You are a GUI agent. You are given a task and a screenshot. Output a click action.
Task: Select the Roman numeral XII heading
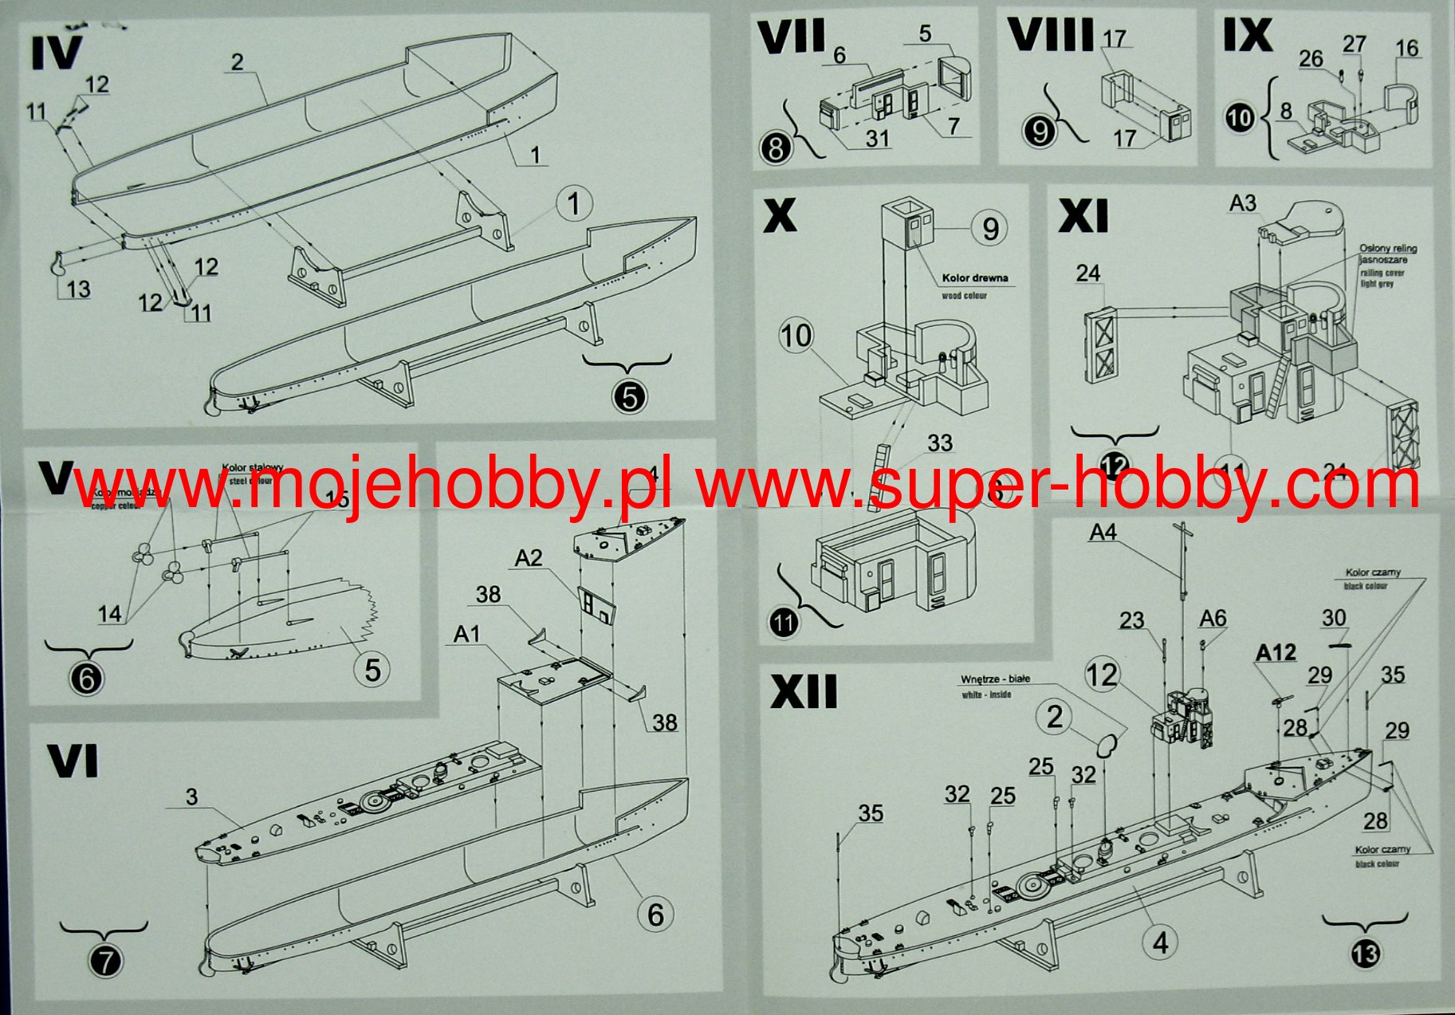tap(804, 691)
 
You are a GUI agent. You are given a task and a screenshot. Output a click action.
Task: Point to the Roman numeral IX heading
tap(1247, 35)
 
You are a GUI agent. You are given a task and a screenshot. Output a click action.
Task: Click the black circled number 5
tap(630, 396)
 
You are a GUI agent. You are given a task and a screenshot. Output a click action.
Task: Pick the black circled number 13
tap(1364, 954)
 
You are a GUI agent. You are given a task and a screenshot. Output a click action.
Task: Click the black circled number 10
tap(1240, 118)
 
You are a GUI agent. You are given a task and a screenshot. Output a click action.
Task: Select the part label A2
tap(529, 558)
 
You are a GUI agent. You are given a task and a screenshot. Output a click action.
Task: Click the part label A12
tap(1276, 653)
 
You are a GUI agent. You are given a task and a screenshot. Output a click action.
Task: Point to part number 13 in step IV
tap(78, 289)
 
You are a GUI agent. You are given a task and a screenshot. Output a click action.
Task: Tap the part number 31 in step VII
tap(877, 138)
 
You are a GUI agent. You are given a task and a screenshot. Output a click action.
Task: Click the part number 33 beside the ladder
tap(940, 443)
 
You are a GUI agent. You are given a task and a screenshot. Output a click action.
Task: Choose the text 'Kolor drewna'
tap(974, 278)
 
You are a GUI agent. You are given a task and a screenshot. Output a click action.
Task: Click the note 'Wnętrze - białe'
tap(995, 679)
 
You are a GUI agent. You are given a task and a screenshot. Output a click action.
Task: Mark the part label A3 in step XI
tap(1242, 203)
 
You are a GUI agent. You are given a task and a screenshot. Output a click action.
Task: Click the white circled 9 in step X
tap(989, 229)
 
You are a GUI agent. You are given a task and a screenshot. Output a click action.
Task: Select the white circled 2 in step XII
tap(1054, 716)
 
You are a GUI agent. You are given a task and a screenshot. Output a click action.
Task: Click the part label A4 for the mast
tap(1103, 532)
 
